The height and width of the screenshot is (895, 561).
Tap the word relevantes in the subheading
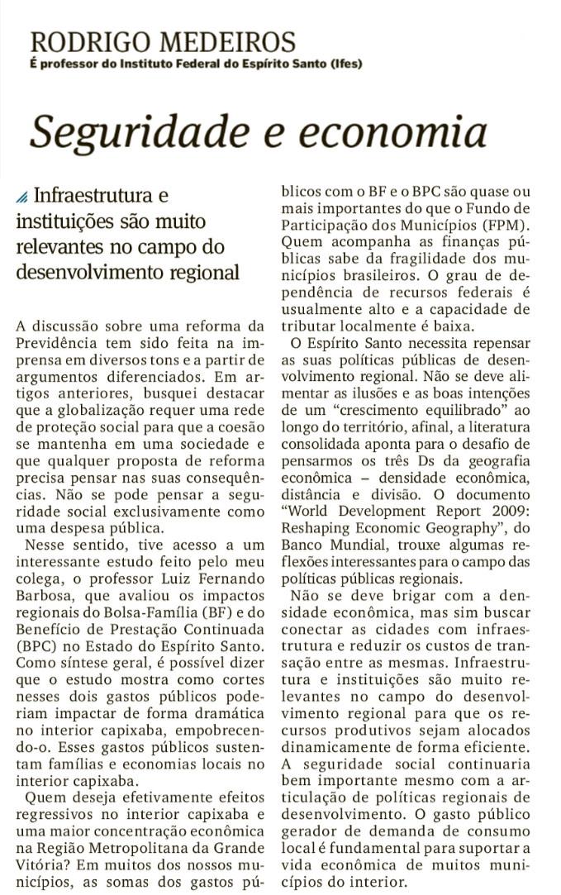(65, 247)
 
